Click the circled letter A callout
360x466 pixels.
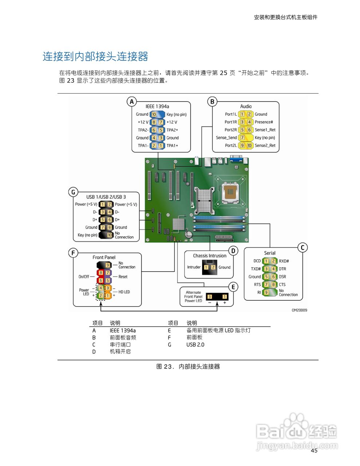coord(132,102)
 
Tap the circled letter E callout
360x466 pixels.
coord(233,287)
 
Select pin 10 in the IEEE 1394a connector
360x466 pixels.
coord(154,114)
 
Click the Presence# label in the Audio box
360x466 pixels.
coord(264,122)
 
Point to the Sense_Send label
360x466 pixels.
coord(226,138)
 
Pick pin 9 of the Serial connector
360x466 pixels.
coord(266,292)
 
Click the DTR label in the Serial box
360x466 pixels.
coord(282,269)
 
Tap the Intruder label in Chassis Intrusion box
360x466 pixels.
coord(194,267)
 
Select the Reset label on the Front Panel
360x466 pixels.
coord(123,277)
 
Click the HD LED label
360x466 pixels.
coord(124,292)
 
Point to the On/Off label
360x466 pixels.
coord(84,277)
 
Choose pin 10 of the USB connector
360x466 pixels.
coord(110,235)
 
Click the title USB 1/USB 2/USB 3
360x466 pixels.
coord(106,197)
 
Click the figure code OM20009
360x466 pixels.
coord(299,310)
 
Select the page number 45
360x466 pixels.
coord(314,451)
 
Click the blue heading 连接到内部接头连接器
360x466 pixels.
coord(95,57)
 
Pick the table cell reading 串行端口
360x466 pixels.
coord(120,344)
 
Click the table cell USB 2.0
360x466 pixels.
coord(195,344)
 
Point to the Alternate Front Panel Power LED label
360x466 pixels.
coord(193,297)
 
